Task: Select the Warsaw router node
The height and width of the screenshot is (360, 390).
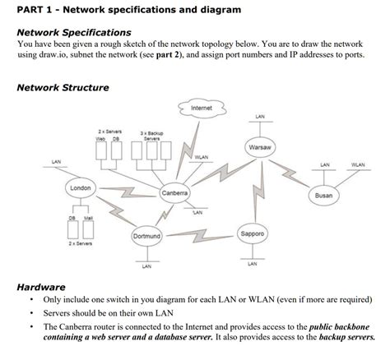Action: pos(260,147)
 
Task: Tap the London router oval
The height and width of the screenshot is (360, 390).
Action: pos(80,188)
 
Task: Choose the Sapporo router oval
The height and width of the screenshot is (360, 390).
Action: pos(253,233)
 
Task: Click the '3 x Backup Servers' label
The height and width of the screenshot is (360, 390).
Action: pos(152,136)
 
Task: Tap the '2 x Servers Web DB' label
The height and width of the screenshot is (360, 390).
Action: pos(110,135)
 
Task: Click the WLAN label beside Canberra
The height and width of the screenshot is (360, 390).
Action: pos(202,157)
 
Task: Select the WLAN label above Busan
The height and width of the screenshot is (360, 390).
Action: pos(358,164)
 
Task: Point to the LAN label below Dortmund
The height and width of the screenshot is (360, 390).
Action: pos(146,267)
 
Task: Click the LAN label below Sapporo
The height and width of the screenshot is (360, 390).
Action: pos(252,264)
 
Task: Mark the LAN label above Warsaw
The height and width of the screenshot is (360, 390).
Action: pos(260,117)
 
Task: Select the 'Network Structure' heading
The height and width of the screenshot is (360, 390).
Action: pos(63,87)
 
